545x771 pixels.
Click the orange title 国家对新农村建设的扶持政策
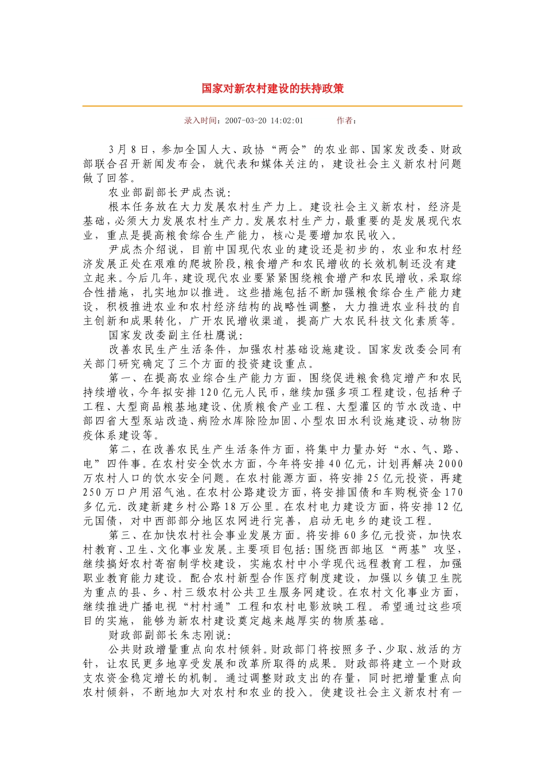click(272, 89)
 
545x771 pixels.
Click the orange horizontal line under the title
click(272, 106)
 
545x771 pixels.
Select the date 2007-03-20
click(247, 120)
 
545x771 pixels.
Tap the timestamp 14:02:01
click(287, 120)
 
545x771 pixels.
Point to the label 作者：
click(347, 120)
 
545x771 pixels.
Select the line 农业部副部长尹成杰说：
click(170, 193)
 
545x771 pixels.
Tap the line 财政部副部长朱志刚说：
click(170, 635)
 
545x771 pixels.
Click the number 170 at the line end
click(453, 492)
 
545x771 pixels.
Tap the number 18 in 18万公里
click(231, 507)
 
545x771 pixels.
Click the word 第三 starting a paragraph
click(120, 535)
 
